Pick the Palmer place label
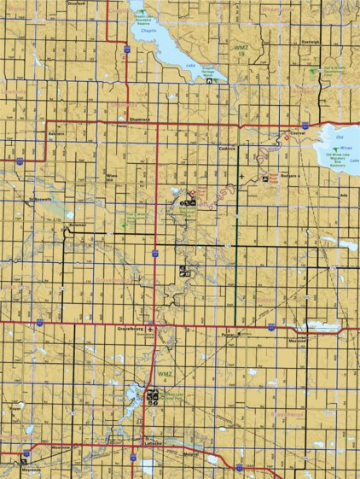tap(227, 335)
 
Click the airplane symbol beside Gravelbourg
tap(150, 329)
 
